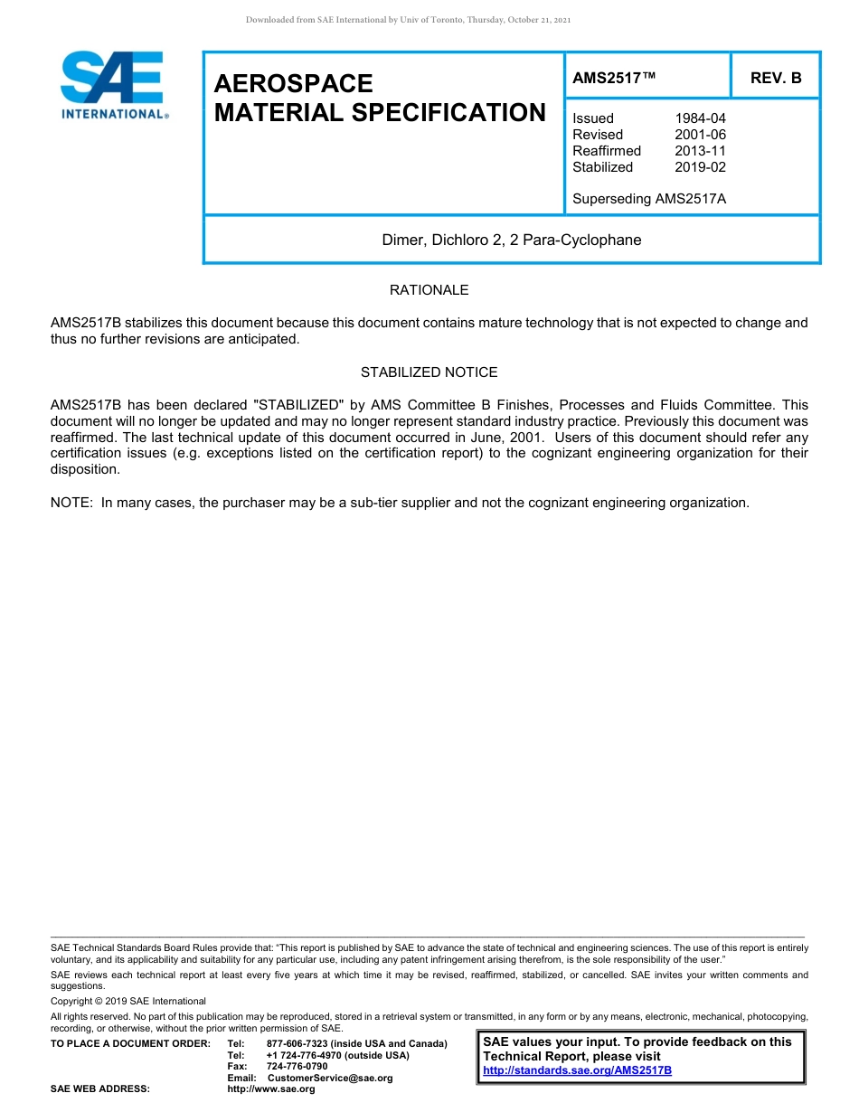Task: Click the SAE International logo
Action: point(112,84)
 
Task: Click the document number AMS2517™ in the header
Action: point(614,78)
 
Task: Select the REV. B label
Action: point(776,78)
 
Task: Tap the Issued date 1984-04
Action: point(700,118)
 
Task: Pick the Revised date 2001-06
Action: point(700,135)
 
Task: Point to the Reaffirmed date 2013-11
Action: point(700,151)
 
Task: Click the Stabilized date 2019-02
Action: point(700,167)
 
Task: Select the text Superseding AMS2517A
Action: point(649,199)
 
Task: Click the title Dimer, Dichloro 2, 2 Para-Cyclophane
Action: point(511,240)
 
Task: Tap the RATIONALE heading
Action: point(429,290)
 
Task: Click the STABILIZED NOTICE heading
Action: point(429,372)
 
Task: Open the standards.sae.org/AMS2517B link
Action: point(577,1070)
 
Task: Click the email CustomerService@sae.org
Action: point(330,1078)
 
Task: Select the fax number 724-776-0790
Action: point(297,1067)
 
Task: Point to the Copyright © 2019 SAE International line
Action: point(128,1001)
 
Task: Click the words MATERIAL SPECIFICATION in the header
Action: point(380,113)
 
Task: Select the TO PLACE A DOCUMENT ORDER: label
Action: point(130,1044)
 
